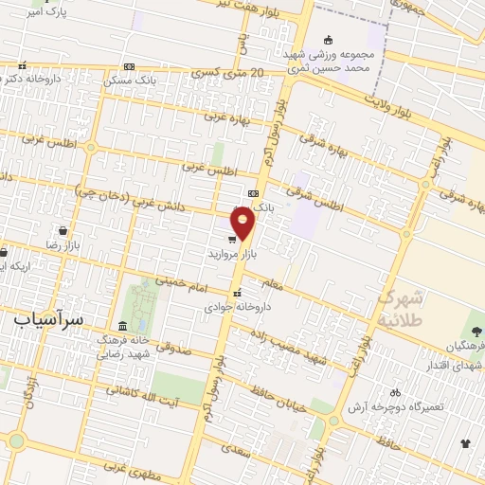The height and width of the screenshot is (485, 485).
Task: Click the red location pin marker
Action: coord(242,224)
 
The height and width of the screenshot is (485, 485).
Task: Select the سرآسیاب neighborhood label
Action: coord(50,320)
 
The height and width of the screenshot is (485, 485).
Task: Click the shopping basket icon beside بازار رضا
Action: coord(63,230)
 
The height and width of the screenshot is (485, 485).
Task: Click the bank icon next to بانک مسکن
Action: coord(130,66)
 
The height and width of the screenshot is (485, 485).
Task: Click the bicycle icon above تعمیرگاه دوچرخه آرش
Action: coord(395,391)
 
